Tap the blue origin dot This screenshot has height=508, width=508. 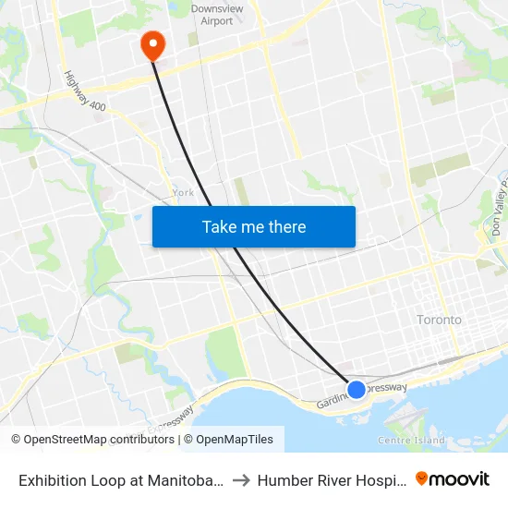(x=356, y=389)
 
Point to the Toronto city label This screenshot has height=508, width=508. (x=439, y=320)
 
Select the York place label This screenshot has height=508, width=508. (x=183, y=193)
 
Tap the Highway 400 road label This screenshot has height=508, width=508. (x=85, y=92)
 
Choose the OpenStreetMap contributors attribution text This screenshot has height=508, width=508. (x=99, y=440)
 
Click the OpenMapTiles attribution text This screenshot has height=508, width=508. (x=234, y=440)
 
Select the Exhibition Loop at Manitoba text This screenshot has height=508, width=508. (x=121, y=480)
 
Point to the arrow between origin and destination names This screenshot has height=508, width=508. (x=240, y=480)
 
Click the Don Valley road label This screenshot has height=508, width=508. (x=498, y=207)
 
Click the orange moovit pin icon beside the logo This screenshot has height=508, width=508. (x=422, y=478)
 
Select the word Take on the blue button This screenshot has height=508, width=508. (x=220, y=226)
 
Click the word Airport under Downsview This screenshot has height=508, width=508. (x=217, y=21)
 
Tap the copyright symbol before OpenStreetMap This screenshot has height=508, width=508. (x=17, y=440)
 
